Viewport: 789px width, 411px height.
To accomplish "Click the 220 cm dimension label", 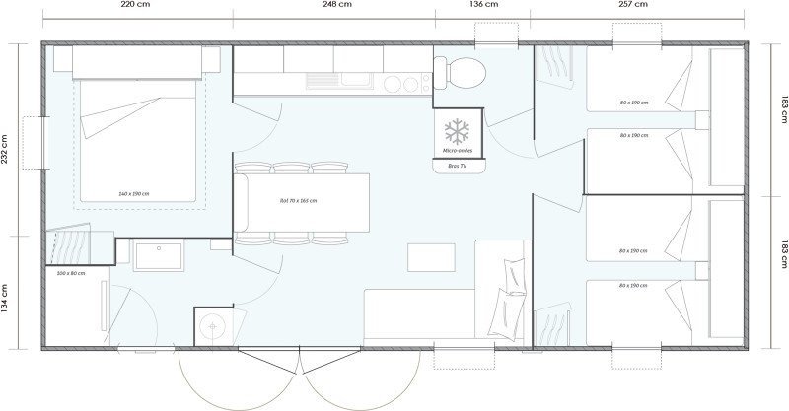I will point(135,5).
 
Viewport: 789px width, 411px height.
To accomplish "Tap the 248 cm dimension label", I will point(336,5).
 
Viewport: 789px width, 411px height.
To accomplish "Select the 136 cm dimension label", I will point(483,5).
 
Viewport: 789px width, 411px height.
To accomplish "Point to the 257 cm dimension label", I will point(632,5).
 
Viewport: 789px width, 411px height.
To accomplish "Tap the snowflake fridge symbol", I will point(456,131).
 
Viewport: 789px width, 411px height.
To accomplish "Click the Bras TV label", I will point(456,167).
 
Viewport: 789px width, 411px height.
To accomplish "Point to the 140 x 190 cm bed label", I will point(133,193).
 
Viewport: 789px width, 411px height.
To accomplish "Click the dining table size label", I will point(298,200).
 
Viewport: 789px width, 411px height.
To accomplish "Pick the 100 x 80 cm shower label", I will point(71,273).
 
